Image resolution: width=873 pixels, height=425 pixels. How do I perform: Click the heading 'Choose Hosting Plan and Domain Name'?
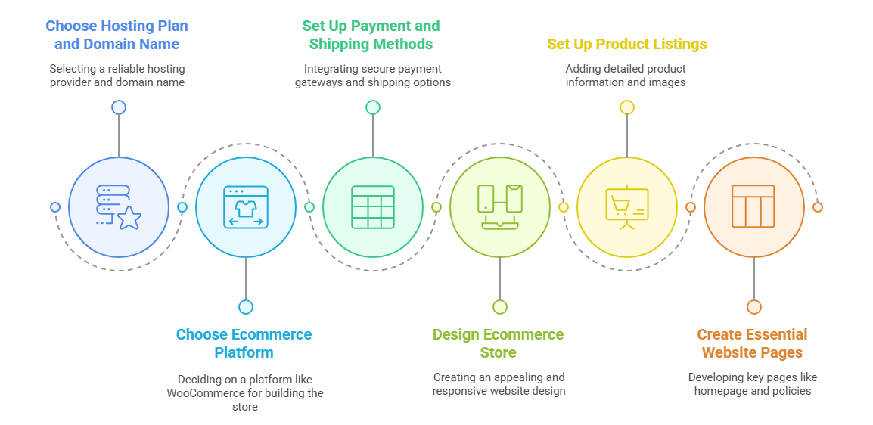[117, 35]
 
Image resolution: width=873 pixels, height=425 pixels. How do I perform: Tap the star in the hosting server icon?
[129, 218]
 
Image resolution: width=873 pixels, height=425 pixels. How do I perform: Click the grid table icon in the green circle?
[372, 207]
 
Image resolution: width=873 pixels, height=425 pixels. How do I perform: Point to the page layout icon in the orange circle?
[753, 207]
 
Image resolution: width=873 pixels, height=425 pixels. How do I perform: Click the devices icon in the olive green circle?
[500, 207]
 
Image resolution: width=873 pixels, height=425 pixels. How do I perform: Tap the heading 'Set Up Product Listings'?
[627, 44]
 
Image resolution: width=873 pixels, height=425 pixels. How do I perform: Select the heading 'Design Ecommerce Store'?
[499, 343]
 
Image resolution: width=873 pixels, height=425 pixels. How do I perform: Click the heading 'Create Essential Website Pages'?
[752, 343]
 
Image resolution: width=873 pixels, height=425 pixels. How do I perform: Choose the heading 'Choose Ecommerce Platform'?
[244, 343]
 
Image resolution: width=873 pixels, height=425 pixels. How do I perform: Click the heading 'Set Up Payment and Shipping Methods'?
[371, 35]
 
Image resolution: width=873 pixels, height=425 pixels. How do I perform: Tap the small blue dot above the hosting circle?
[119, 107]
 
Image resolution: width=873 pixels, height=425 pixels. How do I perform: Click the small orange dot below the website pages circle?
[754, 307]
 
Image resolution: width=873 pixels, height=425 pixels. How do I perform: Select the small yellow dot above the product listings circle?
[627, 107]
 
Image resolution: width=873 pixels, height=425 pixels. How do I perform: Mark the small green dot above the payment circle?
[372, 107]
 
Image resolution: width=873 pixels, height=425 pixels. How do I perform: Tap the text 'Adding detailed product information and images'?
[626, 76]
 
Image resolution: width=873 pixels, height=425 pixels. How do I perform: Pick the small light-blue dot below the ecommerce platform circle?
[246, 307]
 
